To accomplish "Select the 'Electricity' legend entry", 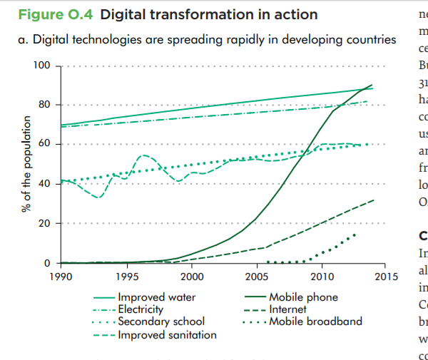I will pyautogui.click(x=141, y=309).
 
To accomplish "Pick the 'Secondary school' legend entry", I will pyautogui.click(x=161, y=322).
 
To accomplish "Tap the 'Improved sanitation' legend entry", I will pyautogui.click(x=167, y=334).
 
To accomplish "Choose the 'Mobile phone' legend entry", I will pyautogui.click(x=303, y=297).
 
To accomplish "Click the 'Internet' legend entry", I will pyautogui.click(x=287, y=309).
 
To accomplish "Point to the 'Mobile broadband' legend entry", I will pyautogui.click(x=315, y=322).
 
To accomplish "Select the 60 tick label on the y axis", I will pyautogui.click(x=44, y=145).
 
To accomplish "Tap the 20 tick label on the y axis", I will pyautogui.click(x=44, y=224).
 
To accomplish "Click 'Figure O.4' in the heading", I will pyautogui.click(x=57, y=15).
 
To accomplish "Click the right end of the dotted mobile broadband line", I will pyautogui.click(x=355, y=234).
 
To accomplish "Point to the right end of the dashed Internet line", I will pyautogui.click(x=374, y=200).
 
